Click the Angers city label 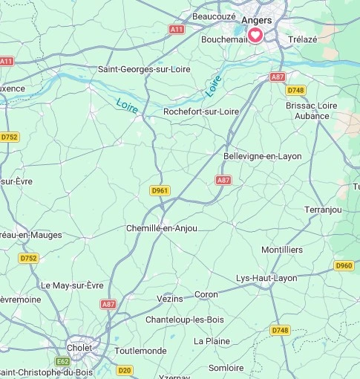(256, 20)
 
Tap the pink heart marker (255, 36)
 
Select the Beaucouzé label (214, 16)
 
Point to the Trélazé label (302, 39)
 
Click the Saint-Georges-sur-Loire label (144, 69)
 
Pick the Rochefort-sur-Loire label (201, 111)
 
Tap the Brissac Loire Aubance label (312, 111)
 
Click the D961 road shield (160, 190)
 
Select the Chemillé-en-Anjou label (162, 228)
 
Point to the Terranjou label (323, 210)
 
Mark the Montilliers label (282, 250)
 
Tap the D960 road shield (344, 265)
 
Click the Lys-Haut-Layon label (266, 278)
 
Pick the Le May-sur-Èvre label (72, 285)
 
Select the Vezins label (170, 298)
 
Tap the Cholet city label (79, 347)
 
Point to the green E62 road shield (62, 362)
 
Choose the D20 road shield (125, 369)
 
